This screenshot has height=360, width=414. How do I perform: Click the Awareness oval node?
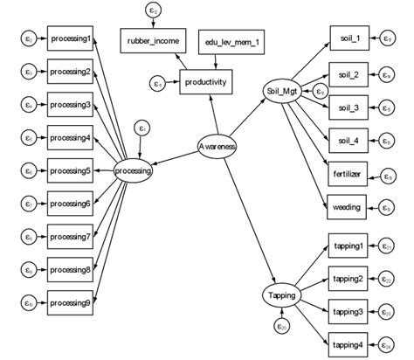pyautogui.click(x=217, y=146)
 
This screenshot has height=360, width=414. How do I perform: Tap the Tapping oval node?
pyautogui.click(x=283, y=296)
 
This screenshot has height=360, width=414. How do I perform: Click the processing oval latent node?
pyautogui.click(x=134, y=171)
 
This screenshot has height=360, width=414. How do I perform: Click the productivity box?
pyautogui.click(x=205, y=83)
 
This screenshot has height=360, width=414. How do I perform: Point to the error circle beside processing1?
pyautogui.click(x=29, y=39)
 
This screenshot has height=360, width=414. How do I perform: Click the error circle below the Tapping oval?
pyautogui.click(x=281, y=327)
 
